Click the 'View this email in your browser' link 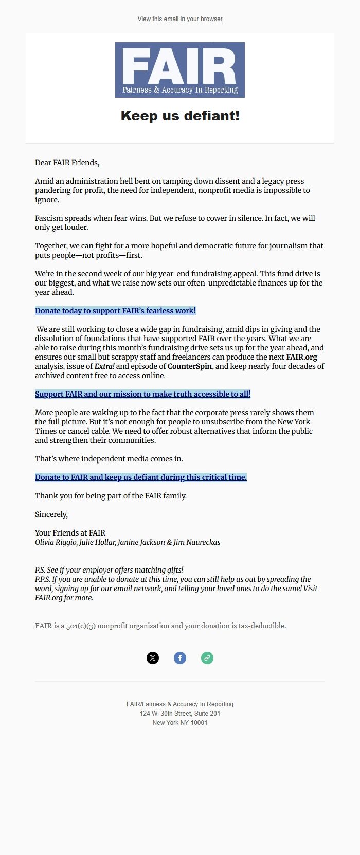tap(180, 19)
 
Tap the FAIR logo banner tap(180, 70)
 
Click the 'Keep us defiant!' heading tap(180, 116)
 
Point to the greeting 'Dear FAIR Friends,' tap(67, 163)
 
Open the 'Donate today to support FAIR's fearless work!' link tap(115, 311)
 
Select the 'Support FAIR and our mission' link tap(142, 394)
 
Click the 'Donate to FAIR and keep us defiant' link tap(140, 477)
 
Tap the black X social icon tap(153, 658)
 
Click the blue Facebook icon tap(180, 658)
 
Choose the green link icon tap(207, 658)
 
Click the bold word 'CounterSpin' tap(190, 366)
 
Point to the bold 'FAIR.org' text tap(302, 357)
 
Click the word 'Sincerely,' tap(51, 514)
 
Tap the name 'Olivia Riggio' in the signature tap(56, 542)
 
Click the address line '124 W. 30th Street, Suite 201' tap(180, 714)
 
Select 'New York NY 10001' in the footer tap(180, 723)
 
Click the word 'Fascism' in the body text tap(48, 218)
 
